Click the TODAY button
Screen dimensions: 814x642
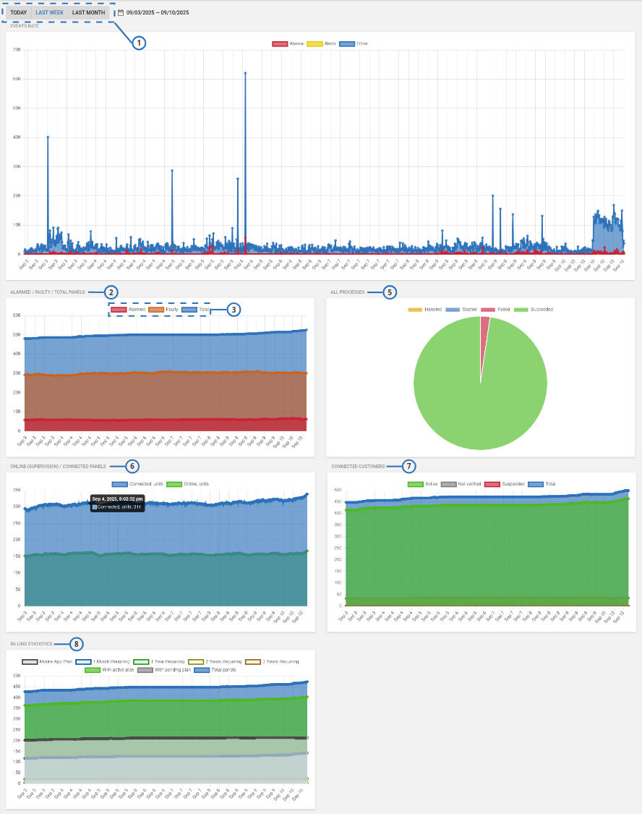click(x=19, y=12)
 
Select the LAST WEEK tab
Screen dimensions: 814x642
click(x=50, y=12)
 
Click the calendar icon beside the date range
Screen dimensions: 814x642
click(x=121, y=12)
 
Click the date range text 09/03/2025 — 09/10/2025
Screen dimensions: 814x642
click(x=158, y=12)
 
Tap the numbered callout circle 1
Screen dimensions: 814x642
click(x=139, y=43)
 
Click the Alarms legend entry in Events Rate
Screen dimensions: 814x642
click(x=288, y=43)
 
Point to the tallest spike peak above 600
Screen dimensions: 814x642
click(x=245, y=73)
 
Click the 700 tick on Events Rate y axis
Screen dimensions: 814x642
click(x=15, y=50)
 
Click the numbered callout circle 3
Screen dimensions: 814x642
click(x=233, y=309)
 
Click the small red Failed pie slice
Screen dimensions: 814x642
click(x=484, y=322)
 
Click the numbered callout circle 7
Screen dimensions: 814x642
click(x=409, y=466)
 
